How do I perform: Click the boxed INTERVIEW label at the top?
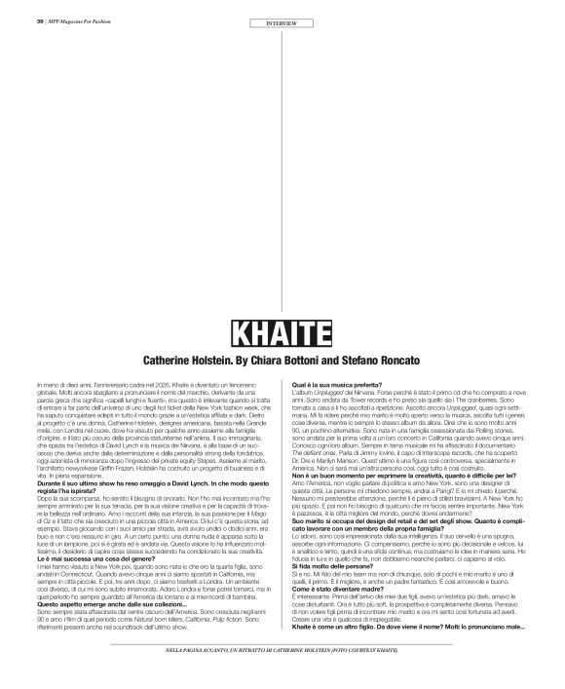(x=282, y=21)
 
